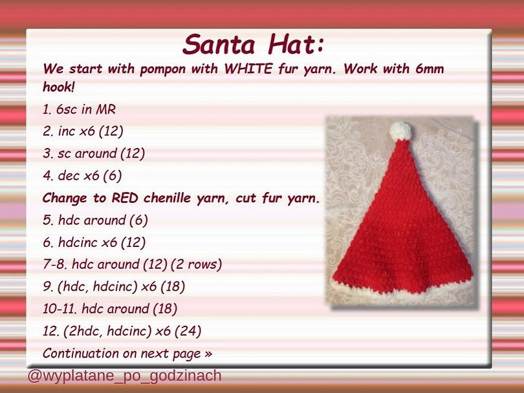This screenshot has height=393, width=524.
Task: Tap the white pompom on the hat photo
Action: coord(400,131)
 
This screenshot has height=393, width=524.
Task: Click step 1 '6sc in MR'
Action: coord(79,110)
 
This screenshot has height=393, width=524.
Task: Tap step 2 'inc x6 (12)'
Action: coord(83,132)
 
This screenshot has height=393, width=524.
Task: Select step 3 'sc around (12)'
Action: coord(94,154)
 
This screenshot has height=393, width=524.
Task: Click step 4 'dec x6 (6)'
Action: coord(82,176)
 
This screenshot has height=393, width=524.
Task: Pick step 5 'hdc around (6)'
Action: coord(95,220)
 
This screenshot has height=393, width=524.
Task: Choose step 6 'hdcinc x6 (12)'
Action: coord(94,242)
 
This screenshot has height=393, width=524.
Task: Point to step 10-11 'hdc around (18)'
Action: coord(110,309)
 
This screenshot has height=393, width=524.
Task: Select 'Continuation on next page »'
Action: coord(127,354)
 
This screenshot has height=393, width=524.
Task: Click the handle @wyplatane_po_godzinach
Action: coord(124,376)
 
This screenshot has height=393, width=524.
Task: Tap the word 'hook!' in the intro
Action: coord(58,86)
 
